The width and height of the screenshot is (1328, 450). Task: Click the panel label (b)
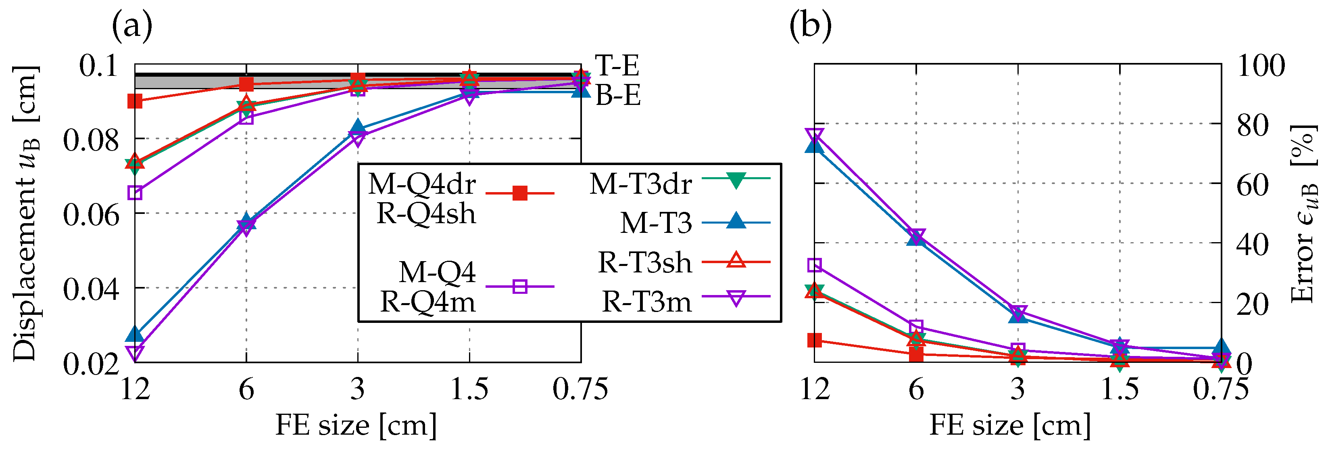[x=811, y=26]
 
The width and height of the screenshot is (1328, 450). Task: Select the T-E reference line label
[x=617, y=65]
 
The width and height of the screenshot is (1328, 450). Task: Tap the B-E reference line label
[x=618, y=96]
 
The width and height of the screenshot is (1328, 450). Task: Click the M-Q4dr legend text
[x=422, y=184]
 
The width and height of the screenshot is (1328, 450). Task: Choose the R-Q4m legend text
[x=427, y=302]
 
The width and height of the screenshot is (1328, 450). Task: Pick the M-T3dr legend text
[x=640, y=184]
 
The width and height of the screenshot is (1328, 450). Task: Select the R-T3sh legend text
[x=644, y=263]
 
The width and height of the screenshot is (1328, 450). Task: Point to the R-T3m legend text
[x=646, y=302]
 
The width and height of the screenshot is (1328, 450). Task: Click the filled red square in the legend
[x=520, y=194]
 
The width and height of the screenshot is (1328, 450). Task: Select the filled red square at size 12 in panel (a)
[x=135, y=101]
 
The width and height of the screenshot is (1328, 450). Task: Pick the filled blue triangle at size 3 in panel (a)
[x=358, y=128]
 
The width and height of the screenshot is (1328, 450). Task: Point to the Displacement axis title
[x=26, y=213]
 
